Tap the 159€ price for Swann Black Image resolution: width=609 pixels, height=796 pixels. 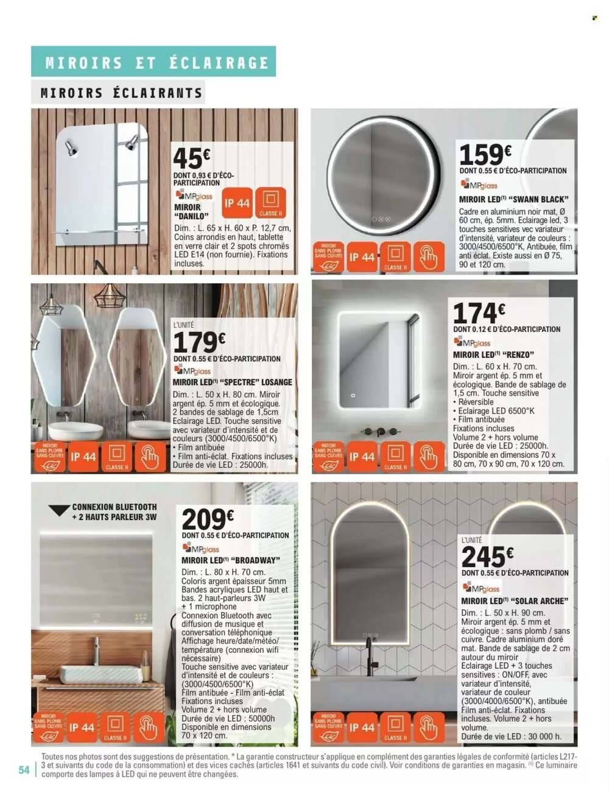pyautogui.click(x=485, y=154)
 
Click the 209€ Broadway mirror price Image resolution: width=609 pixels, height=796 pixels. pyautogui.click(x=208, y=520)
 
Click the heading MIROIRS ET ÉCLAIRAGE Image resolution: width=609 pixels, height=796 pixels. pyautogui.click(x=157, y=63)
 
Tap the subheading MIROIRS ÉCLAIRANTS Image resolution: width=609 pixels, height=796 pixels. pyautogui.click(x=121, y=93)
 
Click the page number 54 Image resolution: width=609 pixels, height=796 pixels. pyautogui.click(x=24, y=770)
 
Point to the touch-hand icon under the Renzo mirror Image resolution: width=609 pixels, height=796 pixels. pyautogui.click(x=429, y=457)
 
